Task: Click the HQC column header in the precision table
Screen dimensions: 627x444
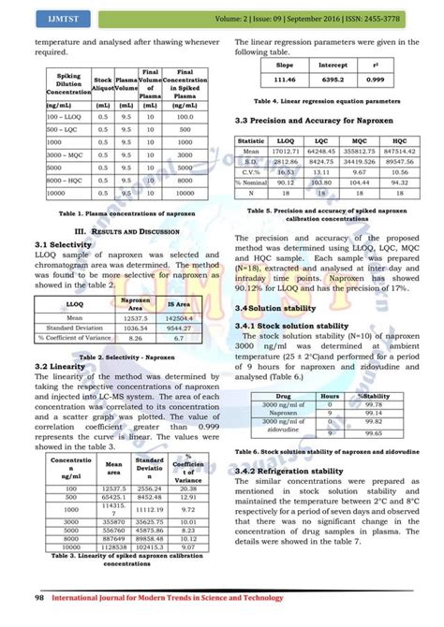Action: tap(394, 139)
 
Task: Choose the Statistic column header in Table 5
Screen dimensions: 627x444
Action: tap(251, 139)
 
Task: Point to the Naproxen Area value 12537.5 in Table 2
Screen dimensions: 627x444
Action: tap(138, 317)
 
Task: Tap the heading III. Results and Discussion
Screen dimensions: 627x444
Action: tap(118, 229)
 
